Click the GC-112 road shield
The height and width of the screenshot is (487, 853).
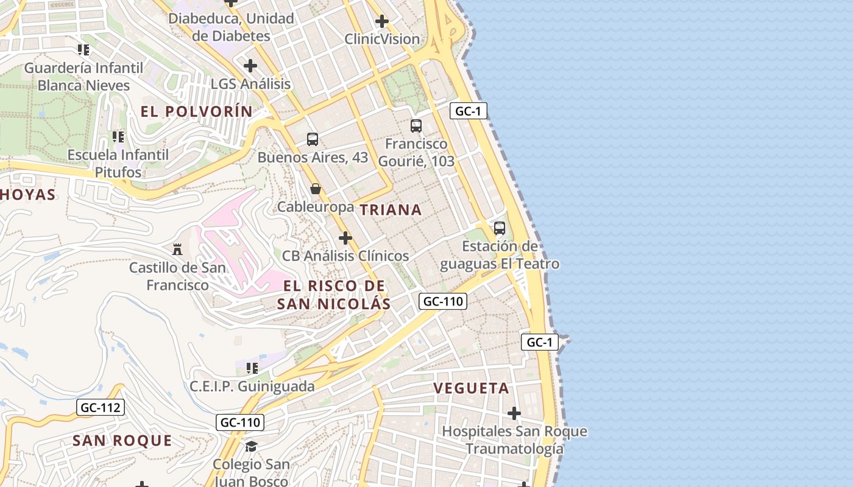point(101,407)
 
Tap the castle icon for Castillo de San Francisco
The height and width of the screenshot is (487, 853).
point(177,249)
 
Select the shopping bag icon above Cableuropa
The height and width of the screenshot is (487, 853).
point(316,189)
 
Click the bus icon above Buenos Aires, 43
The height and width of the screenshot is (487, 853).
point(313,139)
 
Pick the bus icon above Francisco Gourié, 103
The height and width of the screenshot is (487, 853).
point(416,126)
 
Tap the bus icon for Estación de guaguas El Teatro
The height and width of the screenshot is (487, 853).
point(500,228)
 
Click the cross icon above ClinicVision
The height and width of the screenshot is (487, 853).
point(382,21)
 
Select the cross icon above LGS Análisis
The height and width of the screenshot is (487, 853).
point(250,65)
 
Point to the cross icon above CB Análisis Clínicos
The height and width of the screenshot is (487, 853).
point(345,237)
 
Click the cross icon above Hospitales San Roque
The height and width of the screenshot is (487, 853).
point(514,413)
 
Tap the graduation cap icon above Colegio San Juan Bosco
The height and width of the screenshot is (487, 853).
point(251,447)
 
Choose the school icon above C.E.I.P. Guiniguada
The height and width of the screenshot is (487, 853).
point(252,368)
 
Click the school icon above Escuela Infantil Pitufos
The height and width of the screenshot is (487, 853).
point(118,137)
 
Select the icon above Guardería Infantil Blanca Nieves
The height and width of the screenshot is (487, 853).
point(83,49)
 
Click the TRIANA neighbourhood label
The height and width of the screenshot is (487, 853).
point(391,210)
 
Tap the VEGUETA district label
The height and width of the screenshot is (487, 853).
point(471,388)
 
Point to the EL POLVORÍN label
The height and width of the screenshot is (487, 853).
point(196,111)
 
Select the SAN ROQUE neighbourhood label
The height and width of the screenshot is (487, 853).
point(122,441)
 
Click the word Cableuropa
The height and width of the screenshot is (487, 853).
point(315,207)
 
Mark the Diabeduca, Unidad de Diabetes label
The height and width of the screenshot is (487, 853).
point(231,27)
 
